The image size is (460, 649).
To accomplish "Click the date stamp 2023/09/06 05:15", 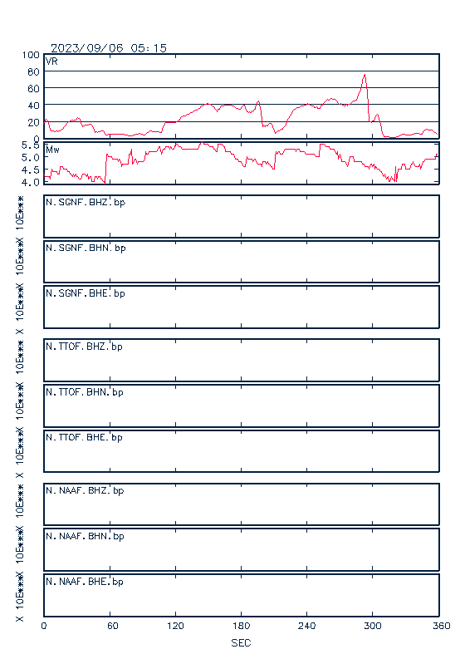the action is click(109, 48).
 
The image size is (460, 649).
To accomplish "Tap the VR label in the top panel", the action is click(51, 61).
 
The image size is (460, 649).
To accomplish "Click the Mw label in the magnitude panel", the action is click(52, 150).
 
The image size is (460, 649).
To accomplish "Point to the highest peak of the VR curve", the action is click(365, 75).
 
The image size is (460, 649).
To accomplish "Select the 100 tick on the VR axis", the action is click(31, 55).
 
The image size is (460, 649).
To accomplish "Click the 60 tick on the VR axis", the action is click(33, 89).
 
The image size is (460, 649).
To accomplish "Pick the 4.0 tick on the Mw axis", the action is click(31, 182).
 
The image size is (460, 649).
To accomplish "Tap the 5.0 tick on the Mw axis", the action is click(31, 158).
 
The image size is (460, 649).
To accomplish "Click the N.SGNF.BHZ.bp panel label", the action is click(86, 203).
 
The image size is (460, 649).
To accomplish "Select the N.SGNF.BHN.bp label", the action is click(86, 248).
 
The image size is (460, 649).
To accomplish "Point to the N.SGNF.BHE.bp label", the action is click(86, 293).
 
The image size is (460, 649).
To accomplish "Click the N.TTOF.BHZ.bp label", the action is click(84, 347).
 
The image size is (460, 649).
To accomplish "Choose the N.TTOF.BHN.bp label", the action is click(85, 392).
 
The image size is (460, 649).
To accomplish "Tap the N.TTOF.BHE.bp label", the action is click(84, 437).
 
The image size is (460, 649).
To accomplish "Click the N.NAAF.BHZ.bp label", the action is click(85, 490).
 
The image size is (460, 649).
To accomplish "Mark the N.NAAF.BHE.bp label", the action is click(85, 582).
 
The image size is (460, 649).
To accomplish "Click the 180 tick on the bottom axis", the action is click(241, 626).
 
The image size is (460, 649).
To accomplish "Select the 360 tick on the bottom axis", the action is click(441, 626).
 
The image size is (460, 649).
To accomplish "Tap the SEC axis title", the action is click(241, 643).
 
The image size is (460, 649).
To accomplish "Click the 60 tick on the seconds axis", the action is click(113, 626).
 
